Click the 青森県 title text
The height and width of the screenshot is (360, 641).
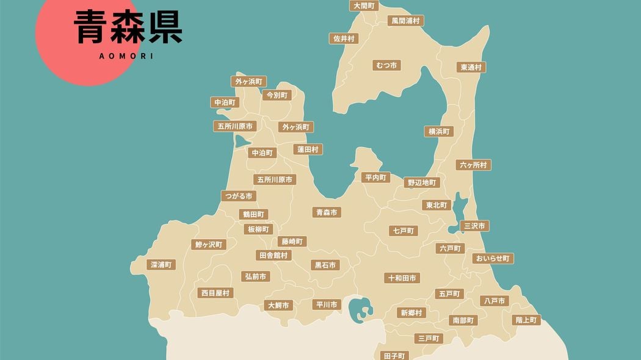(128, 27)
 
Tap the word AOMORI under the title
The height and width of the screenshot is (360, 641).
(126, 56)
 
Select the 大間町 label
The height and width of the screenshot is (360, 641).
(364, 5)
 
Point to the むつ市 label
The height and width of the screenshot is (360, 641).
(386, 65)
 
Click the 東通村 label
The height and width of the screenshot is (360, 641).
(471, 67)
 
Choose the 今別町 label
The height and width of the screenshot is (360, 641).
(276, 95)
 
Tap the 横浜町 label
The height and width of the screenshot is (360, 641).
(439, 131)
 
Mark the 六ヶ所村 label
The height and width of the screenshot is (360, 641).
(473, 165)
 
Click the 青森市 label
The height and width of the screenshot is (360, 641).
(326, 212)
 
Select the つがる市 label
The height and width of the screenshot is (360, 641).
(238, 196)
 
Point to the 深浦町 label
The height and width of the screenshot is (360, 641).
(162, 265)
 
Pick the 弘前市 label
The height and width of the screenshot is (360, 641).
(255, 276)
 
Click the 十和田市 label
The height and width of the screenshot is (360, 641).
(402, 278)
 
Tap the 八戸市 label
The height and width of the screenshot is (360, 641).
(493, 301)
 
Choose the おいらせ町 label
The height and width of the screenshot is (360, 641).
(493, 258)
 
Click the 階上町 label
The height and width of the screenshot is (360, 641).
(526, 320)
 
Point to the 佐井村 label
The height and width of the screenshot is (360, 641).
(344, 38)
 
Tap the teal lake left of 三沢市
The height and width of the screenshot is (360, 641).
(454, 229)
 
